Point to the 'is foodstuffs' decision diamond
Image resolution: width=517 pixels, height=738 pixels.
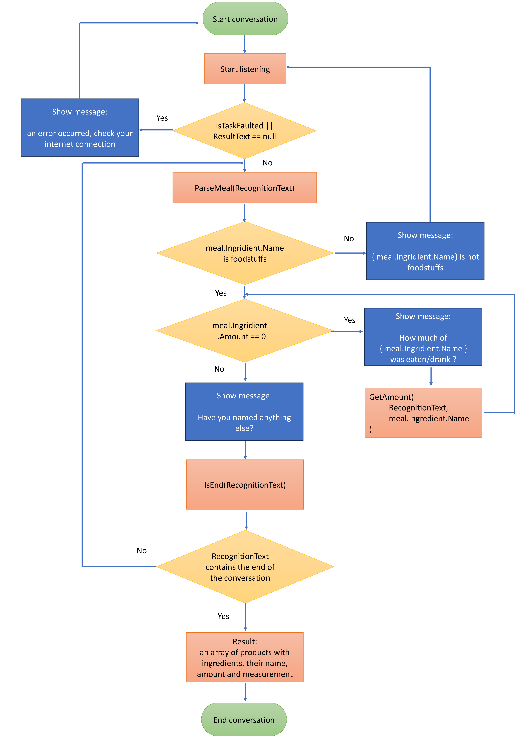[245, 253]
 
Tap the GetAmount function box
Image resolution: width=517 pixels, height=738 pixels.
[423, 413]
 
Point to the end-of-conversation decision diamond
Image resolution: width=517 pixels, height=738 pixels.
[245, 567]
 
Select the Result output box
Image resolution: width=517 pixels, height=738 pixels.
[245, 658]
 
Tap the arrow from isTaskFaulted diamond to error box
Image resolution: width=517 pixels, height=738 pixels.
[156, 130]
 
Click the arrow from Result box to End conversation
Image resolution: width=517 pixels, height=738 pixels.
[245, 692]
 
